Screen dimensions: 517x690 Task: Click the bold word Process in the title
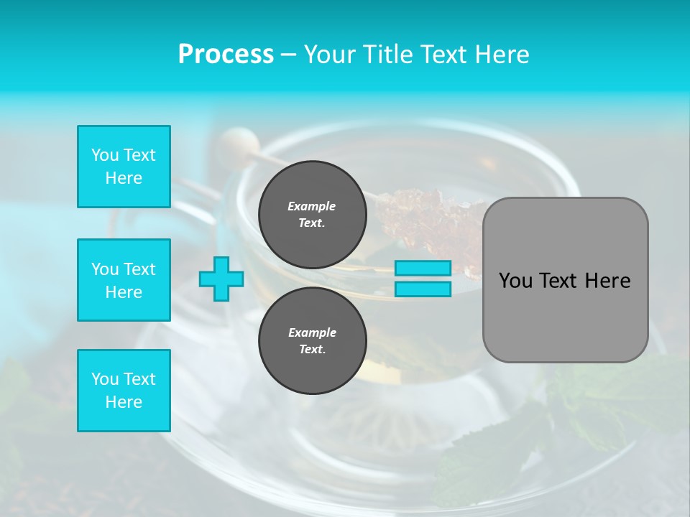click(x=226, y=55)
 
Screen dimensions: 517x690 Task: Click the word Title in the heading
click(x=388, y=55)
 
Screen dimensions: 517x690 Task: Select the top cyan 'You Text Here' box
click(x=124, y=167)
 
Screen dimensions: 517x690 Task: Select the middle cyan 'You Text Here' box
click(x=124, y=280)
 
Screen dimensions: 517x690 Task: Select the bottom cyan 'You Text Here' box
click(x=124, y=391)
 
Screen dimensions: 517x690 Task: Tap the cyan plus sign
click(x=221, y=279)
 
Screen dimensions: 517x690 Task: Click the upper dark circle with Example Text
click(x=312, y=215)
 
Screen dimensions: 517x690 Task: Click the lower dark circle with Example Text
click(x=312, y=341)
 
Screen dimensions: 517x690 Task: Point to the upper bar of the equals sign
click(x=423, y=268)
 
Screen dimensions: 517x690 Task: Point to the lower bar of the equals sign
click(x=423, y=289)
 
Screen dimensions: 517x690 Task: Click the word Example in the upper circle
click(x=312, y=206)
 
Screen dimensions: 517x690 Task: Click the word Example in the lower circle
click(x=312, y=332)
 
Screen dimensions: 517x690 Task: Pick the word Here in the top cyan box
click(x=124, y=178)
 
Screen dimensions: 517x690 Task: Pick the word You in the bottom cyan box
click(x=103, y=379)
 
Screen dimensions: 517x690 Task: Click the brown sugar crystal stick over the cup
click(x=424, y=215)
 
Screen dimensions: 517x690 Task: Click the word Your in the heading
click(x=330, y=55)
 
